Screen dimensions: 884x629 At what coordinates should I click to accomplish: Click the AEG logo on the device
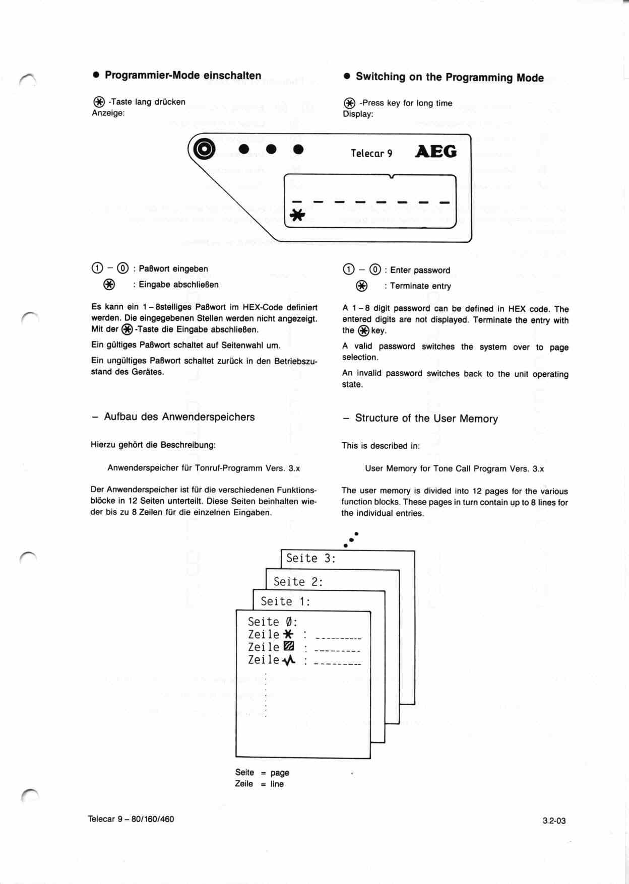click(436, 152)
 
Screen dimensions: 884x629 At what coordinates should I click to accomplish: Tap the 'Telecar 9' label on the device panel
click(371, 153)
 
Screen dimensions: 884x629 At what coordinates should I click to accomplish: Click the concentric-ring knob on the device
click(204, 149)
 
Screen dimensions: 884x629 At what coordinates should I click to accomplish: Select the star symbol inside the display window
click(297, 216)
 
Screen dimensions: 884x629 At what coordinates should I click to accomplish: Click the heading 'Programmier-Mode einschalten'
click(183, 76)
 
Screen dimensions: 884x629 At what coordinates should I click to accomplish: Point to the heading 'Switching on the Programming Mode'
click(450, 77)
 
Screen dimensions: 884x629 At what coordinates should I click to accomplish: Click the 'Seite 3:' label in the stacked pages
click(310, 558)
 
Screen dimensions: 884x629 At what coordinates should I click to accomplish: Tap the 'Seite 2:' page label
click(298, 582)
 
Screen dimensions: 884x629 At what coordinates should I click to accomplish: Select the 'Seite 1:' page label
click(285, 601)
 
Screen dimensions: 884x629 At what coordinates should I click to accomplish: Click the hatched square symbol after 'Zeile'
click(289, 646)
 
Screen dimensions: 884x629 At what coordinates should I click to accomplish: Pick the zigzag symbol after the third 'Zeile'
click(289, 660)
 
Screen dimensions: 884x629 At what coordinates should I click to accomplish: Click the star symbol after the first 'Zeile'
click(288, 634)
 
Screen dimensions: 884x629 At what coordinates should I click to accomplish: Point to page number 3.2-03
click(554, 821)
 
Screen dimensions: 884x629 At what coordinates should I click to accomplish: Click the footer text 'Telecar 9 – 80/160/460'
click(131, 819)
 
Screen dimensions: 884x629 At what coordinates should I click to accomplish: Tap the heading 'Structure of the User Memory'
click(426, 419)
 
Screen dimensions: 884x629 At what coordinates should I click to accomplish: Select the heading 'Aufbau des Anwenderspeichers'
click(179, 417)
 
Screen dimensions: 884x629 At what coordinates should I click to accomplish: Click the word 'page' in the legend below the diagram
click(280, 773)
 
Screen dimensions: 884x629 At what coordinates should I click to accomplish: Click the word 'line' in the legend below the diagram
click(277, 784)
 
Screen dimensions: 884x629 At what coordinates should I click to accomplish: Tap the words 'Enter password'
click(420, 270)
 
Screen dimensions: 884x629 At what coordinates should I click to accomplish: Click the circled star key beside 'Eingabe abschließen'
click(109, 285)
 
